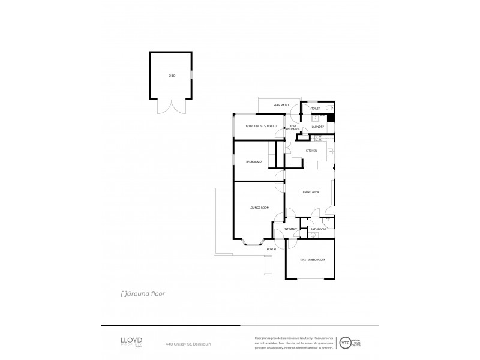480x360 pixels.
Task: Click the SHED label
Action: (172, 76)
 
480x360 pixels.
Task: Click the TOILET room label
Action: (316, 109)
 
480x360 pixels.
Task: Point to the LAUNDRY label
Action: (318, 127)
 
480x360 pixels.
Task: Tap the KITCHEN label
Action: (311, 151)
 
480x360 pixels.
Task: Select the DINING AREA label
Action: (310, 191)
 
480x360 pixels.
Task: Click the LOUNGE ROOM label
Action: (259, 208)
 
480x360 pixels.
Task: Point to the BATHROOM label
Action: (318, 229)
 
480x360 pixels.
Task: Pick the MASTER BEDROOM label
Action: (313, 259)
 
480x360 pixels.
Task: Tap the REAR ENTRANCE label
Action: (293, 127)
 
